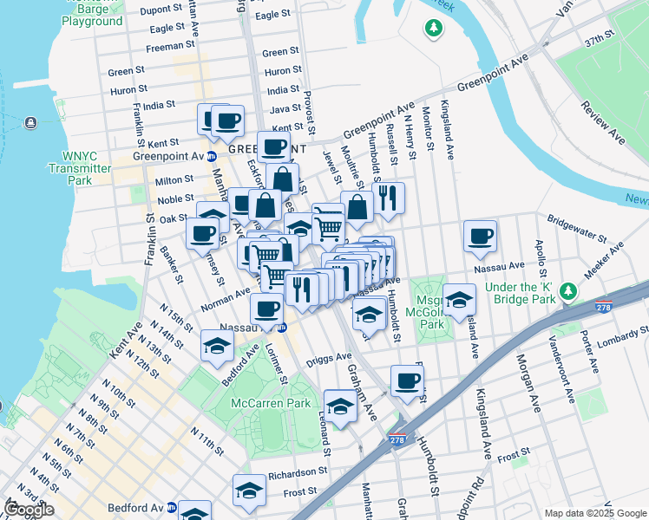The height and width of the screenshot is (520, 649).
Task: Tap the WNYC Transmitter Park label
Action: point(82,168)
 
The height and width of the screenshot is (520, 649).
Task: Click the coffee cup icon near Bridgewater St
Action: point(480,236)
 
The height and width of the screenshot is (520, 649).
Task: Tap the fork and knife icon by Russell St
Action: point(389,198)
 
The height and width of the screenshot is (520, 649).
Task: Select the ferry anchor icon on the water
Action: point(32,122)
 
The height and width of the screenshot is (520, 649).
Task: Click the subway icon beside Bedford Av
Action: point(172,507)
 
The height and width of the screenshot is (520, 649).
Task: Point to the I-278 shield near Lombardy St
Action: point(605,307)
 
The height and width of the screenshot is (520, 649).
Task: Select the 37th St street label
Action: point(599,42)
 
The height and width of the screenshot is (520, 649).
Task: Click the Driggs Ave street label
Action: point(332,356)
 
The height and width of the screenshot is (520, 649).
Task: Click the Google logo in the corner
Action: point(29,510)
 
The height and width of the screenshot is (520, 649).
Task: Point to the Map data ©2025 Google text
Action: point(594,513)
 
